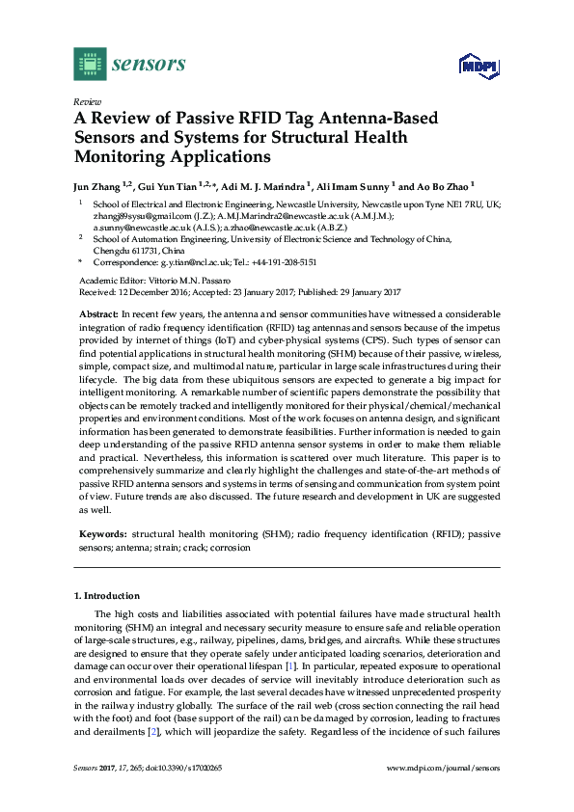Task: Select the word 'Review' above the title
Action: (87, 101)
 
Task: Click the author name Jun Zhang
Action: (103, 186)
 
